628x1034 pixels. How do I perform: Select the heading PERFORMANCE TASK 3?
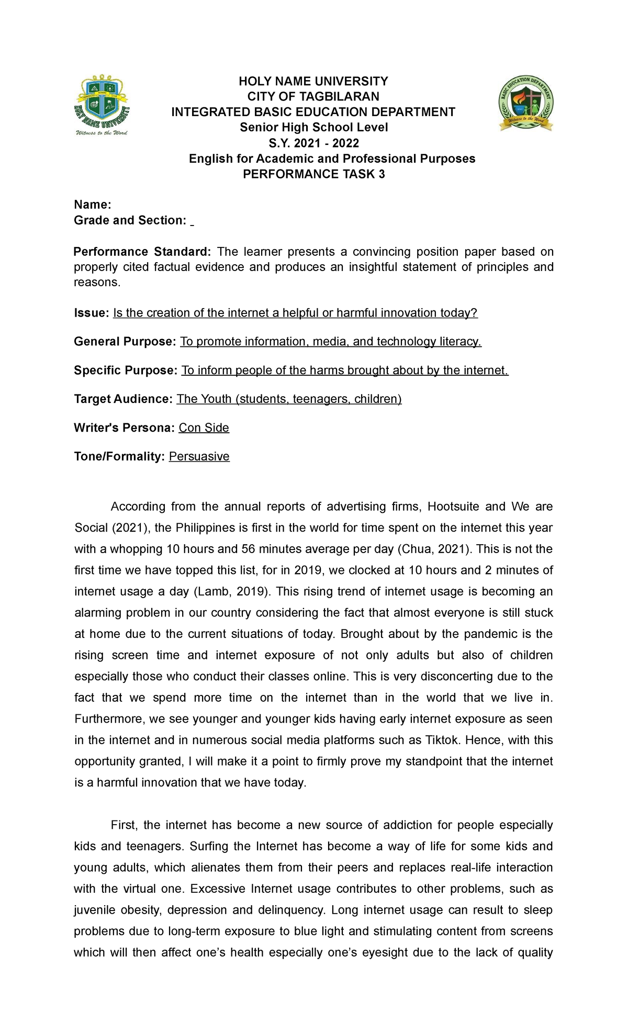point(314,174)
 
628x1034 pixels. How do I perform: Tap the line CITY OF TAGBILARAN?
point(313,96)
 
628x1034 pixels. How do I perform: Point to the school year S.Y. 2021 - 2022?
point(313,143)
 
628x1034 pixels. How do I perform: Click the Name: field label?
point(93,205)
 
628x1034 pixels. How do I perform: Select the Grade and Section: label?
point(130,220)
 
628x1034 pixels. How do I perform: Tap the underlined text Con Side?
point(204,428)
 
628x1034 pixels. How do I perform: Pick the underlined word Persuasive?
point(199,456)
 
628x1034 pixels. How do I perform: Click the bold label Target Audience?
point(123,399)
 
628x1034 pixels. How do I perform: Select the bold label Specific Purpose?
point(126,370)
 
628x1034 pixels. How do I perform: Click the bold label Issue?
point(91,313)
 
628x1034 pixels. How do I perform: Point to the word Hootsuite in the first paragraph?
point(453,507)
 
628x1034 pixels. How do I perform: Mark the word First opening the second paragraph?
point(124,825)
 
